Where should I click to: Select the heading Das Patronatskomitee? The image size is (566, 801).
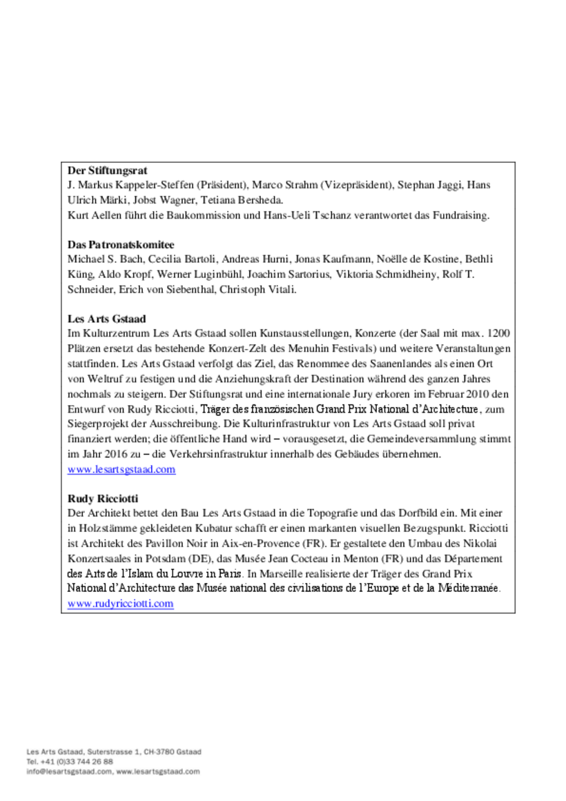tap(120, 245)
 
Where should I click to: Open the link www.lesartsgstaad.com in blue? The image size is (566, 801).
tap(121, 470)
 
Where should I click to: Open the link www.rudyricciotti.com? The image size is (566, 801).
tap(120, 604)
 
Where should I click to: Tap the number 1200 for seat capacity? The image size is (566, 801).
tap(498, 335)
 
